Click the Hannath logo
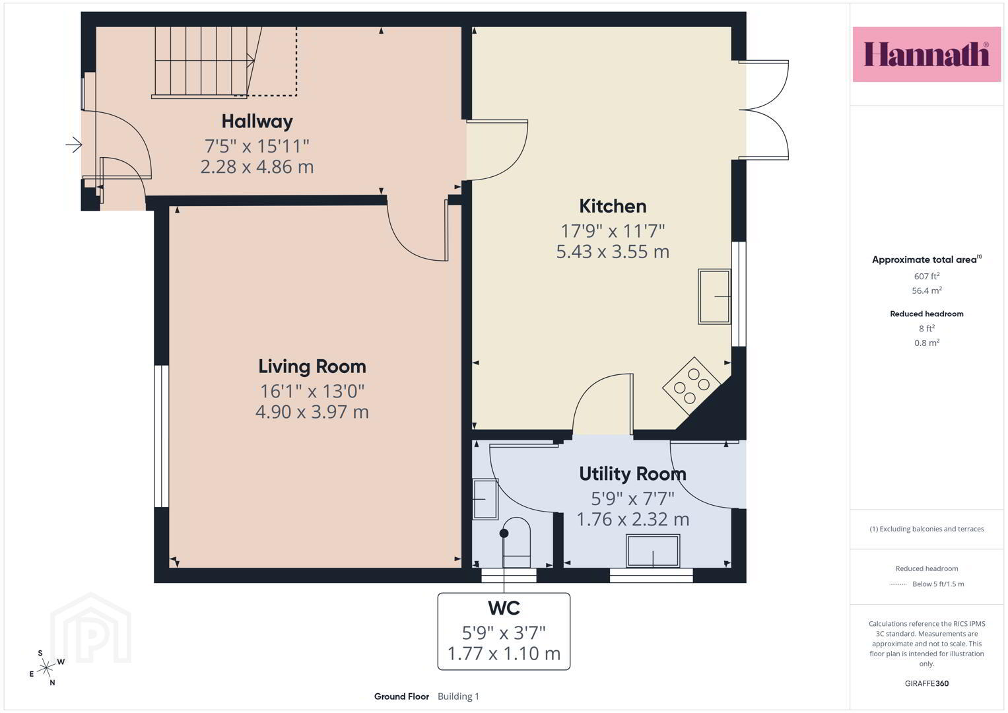coord(927,54)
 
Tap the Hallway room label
coord(257,121)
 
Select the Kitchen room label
coord(613,206)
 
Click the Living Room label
coord(312,366)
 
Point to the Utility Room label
coord(632,473)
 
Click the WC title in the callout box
coord(504,608)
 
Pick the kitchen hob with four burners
coord(692,386)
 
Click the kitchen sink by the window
coord(714,296)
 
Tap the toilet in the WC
coord(516,543)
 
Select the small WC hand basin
coord(486,499)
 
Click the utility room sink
coord(653,551)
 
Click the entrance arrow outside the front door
coord(74,145)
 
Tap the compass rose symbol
coord(46,668)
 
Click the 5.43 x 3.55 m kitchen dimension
coord(613,252)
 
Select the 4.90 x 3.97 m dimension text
coord(312,412)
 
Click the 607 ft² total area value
coord(927,276)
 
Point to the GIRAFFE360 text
coord(927,683)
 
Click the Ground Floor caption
coord(401,696)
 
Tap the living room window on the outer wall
coord(161,436)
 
